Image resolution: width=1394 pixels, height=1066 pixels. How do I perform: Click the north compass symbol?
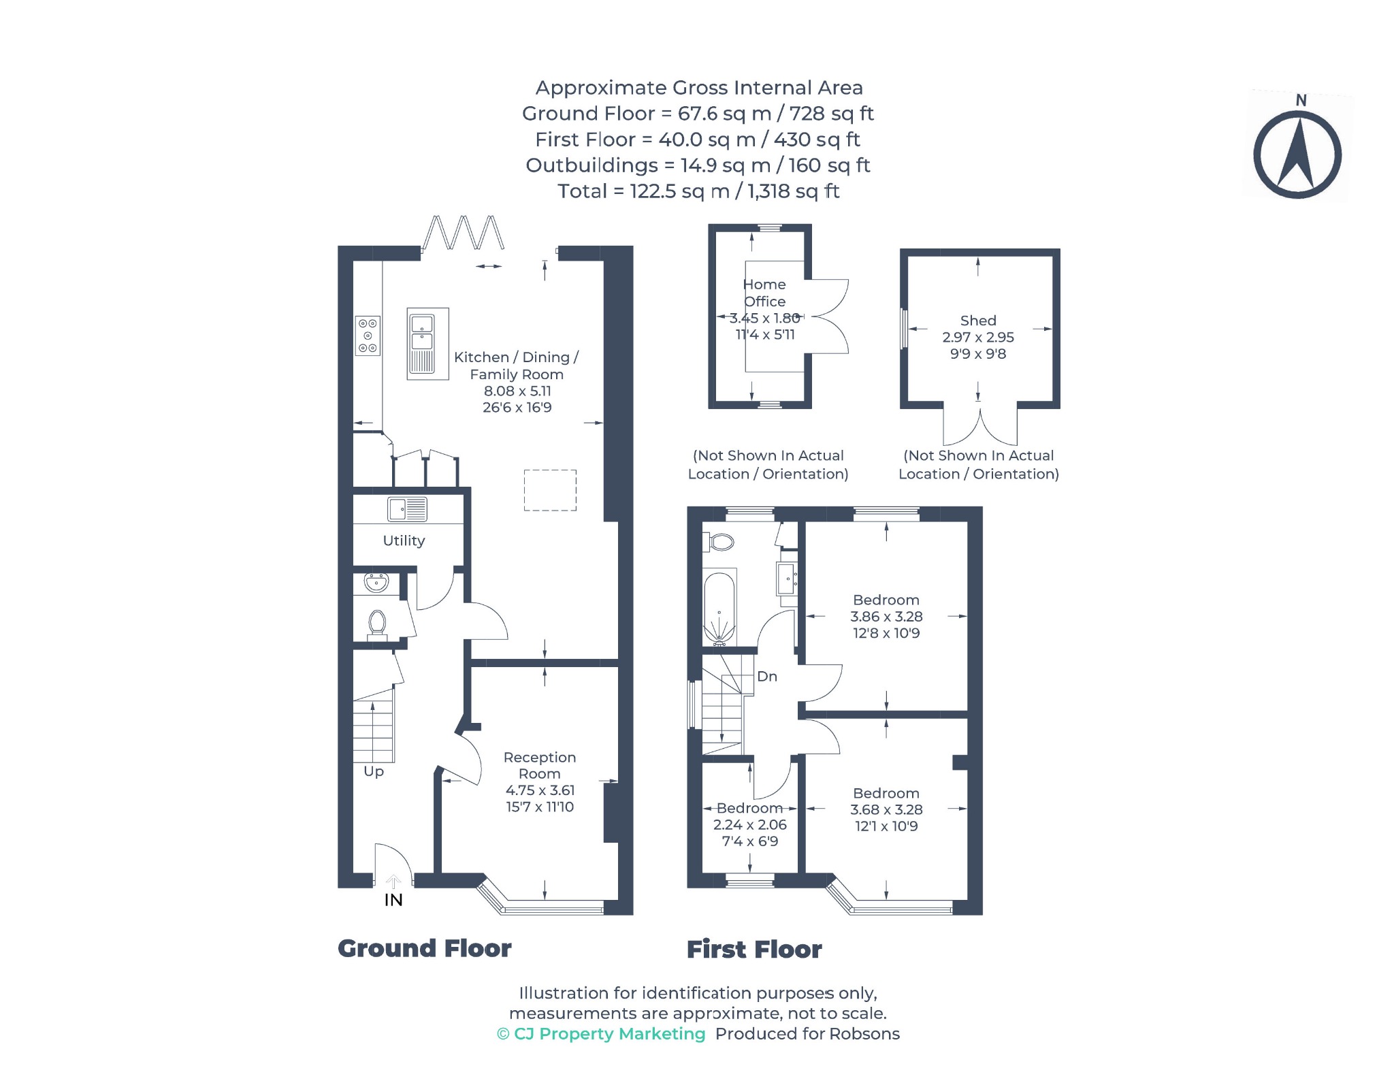click(1297, 148)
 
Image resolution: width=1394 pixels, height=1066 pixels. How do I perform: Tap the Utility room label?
click(404, 540)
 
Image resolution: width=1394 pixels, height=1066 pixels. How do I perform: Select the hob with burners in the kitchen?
click(368, 336)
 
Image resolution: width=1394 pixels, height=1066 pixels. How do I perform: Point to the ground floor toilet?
click(377, 626)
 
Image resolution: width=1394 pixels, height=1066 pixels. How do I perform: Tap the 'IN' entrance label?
click(393, 900)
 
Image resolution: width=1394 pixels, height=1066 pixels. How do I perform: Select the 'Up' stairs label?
click(374, 772)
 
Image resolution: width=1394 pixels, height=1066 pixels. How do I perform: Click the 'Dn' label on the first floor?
click(767, 676)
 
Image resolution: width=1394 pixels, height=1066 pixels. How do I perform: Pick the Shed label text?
click(978, 321)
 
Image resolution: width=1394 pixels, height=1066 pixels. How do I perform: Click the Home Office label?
click(764, 293)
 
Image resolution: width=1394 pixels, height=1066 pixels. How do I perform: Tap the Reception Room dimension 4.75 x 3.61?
click(540, 790)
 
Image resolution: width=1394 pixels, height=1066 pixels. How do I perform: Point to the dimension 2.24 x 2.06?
click(749, 824)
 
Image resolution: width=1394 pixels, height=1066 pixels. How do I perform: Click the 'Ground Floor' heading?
click(425, 948)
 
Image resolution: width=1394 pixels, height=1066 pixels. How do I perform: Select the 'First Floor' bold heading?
click(754, 949)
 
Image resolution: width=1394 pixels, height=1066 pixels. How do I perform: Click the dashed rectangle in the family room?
click(550, 490)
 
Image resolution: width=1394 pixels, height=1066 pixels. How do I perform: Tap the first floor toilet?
click(719, 542)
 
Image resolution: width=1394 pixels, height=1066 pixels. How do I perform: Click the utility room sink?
click(407, 509)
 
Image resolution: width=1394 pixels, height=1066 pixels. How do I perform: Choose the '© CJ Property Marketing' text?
click(601, 1034)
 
